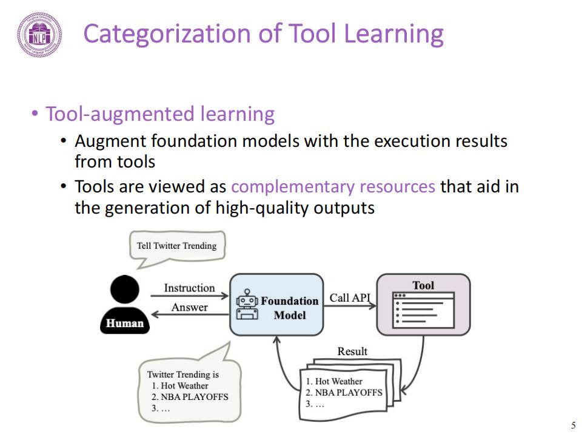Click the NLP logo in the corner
39,35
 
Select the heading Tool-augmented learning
160,114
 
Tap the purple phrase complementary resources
333,186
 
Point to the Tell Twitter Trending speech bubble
176,246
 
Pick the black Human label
125,324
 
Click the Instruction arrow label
189,288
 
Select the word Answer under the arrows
189,307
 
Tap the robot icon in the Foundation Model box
247,305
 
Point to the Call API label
350,298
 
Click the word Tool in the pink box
423,285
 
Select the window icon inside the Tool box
423,310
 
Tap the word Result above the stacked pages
352,351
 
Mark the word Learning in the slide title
393,34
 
